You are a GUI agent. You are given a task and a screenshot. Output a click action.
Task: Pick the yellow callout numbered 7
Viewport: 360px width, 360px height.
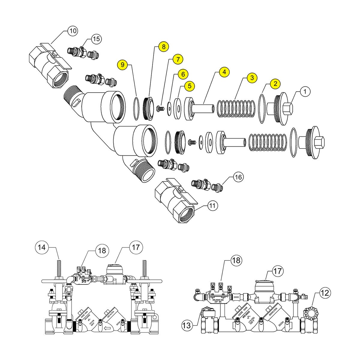178,59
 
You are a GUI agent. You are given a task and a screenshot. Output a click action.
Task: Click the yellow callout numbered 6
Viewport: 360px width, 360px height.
183,73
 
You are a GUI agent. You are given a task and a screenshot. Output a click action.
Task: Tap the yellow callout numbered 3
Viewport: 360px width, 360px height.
252,78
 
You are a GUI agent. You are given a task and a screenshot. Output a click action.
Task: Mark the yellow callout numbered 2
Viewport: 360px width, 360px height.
275,84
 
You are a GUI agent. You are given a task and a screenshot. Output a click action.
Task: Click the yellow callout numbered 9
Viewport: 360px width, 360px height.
123,64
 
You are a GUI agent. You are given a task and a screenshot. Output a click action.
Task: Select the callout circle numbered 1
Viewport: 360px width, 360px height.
305,91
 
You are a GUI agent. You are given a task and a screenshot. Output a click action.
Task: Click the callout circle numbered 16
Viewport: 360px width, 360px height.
238,177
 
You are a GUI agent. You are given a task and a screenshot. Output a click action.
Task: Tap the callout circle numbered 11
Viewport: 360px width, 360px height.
212,206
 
